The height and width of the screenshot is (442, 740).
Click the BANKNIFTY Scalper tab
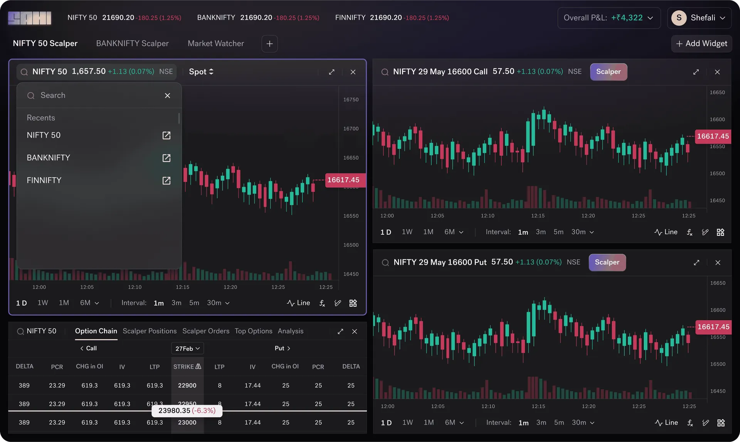[132, 44]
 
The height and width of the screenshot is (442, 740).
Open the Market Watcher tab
[216, 44]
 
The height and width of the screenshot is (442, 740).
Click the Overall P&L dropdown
[609, 18]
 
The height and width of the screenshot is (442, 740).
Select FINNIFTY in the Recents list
[44, 180]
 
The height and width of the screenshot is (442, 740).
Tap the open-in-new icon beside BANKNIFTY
[166, 158]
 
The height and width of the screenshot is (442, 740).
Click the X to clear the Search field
[167, 96]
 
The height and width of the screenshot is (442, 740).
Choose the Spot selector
[201, 72]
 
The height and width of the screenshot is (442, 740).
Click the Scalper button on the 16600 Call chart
[609, 72]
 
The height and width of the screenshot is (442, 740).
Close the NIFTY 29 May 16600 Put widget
[718, 262]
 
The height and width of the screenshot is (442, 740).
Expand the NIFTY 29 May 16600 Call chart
[696, 72]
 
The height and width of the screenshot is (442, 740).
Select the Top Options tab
[254, 331]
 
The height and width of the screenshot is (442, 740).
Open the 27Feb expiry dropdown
[187, 348]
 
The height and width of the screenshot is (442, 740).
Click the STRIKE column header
[187, 366]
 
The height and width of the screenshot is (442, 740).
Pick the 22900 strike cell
[187, 385]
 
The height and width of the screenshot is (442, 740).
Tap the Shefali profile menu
[699, 18]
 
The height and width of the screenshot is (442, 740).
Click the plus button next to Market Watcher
[270, 44]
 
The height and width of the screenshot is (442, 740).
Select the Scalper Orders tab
[206, 331]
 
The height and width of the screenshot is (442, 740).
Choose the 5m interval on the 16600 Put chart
[559, 422]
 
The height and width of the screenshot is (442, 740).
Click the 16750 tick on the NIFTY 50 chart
[351, 99]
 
